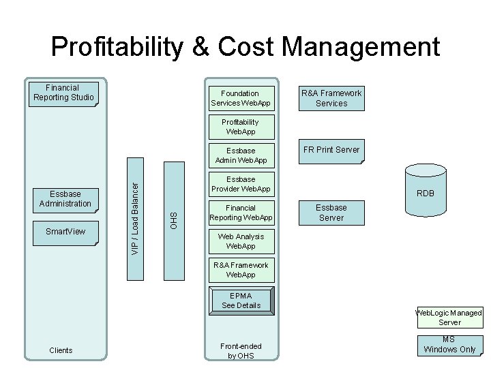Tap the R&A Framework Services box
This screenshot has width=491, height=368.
pos(331,98)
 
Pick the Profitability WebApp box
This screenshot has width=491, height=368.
pos(241,127)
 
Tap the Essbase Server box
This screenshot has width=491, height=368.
pos(331,213)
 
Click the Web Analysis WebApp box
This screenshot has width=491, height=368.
pos(241,241)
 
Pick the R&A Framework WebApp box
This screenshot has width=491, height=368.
pos(241,270)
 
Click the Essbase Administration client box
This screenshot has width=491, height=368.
pos(65,199)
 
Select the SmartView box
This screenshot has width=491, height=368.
pos(65,232)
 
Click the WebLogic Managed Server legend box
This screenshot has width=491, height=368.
pos(449,318)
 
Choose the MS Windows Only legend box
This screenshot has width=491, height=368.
pos(449,345)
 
